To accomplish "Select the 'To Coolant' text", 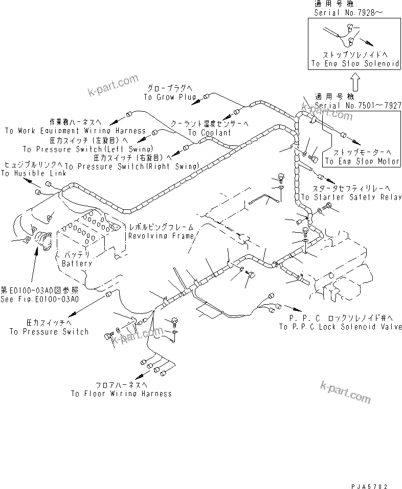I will tap(209, 133).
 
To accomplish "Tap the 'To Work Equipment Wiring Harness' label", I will tap(75, 131).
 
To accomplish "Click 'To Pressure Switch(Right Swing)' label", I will tap(132, 166).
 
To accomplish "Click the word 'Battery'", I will tap(76, 263).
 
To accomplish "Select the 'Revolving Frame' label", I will tap(161, 236).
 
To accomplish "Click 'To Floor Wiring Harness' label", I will tap(121, 394).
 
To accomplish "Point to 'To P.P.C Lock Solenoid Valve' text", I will tap(340, 327).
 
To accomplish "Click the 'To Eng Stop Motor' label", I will tap(362, 161).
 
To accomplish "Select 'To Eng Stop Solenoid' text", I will tap(355, 64).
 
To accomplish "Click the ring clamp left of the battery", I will tap(42, 241).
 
